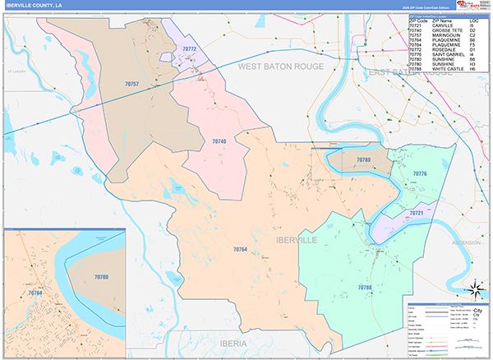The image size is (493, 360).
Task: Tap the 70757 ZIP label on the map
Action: tap(131, 85)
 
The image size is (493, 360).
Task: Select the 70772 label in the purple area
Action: tap(189, 50)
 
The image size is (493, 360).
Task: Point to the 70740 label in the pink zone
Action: tap(219, 142)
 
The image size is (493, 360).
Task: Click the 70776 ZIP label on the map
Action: tap(420, 174)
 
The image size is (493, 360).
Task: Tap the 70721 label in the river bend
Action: tap(416, 214)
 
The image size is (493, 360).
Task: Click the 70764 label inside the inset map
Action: tap(35, 293)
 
